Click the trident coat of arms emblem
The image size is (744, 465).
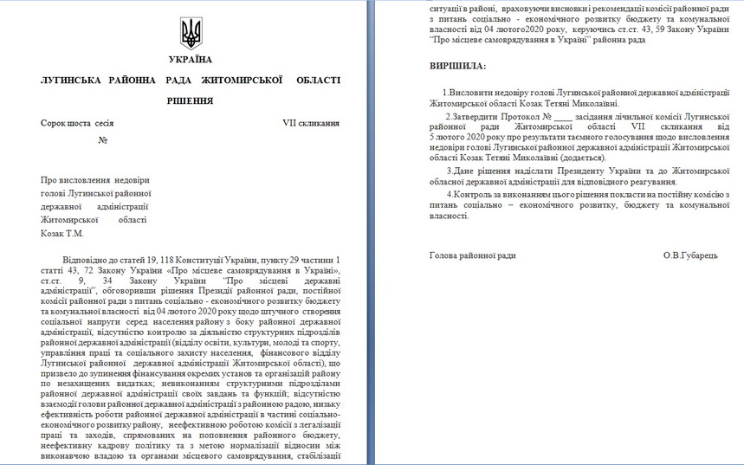pos(191,33)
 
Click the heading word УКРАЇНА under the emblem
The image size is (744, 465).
pos(191,60)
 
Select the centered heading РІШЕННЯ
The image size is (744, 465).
pos(191,101)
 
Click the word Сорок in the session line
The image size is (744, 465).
pos(55,123)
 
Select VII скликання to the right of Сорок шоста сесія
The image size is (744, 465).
pos(310,123)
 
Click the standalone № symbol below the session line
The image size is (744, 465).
pos(102,139)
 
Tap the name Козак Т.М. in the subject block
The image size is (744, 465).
pos(62,233)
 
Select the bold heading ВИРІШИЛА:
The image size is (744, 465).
pos(458,66)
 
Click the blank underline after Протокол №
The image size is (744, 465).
pos(562,115)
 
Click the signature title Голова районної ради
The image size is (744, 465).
pos(472,255)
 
